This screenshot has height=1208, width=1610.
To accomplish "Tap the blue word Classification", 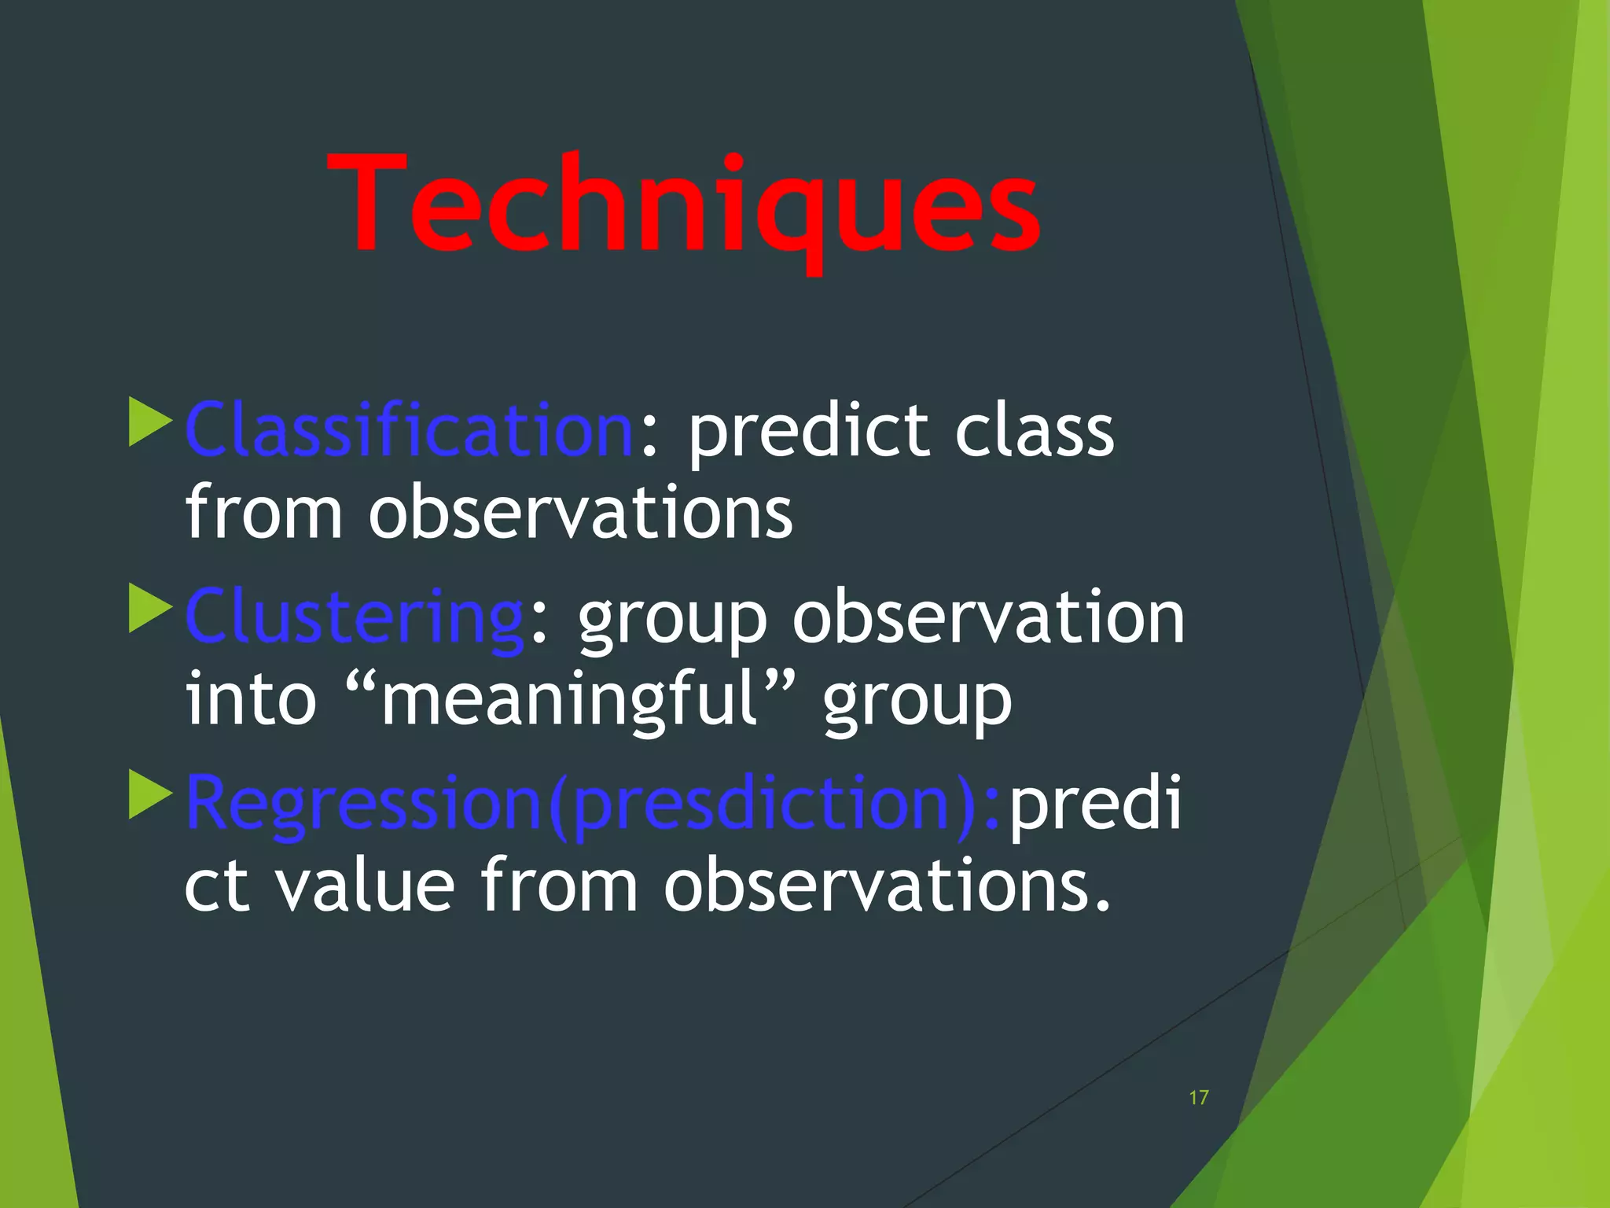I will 409,430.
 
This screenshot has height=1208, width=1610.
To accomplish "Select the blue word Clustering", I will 355,617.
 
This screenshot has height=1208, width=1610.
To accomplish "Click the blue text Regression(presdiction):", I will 594,804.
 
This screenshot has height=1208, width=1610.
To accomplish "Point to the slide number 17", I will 1198,1098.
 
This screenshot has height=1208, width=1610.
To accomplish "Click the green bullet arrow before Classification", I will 149,422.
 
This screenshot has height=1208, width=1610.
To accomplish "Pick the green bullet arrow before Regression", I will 149,795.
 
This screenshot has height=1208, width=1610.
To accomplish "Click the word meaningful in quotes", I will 569,700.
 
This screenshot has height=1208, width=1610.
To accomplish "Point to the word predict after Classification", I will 811,432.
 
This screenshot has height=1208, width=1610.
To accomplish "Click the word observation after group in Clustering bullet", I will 987,617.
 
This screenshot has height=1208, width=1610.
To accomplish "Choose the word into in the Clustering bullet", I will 250,700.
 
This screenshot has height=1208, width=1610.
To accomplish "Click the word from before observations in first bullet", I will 263,514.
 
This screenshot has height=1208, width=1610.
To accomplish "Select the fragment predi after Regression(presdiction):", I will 1094,804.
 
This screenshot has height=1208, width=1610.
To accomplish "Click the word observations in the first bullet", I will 581,514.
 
